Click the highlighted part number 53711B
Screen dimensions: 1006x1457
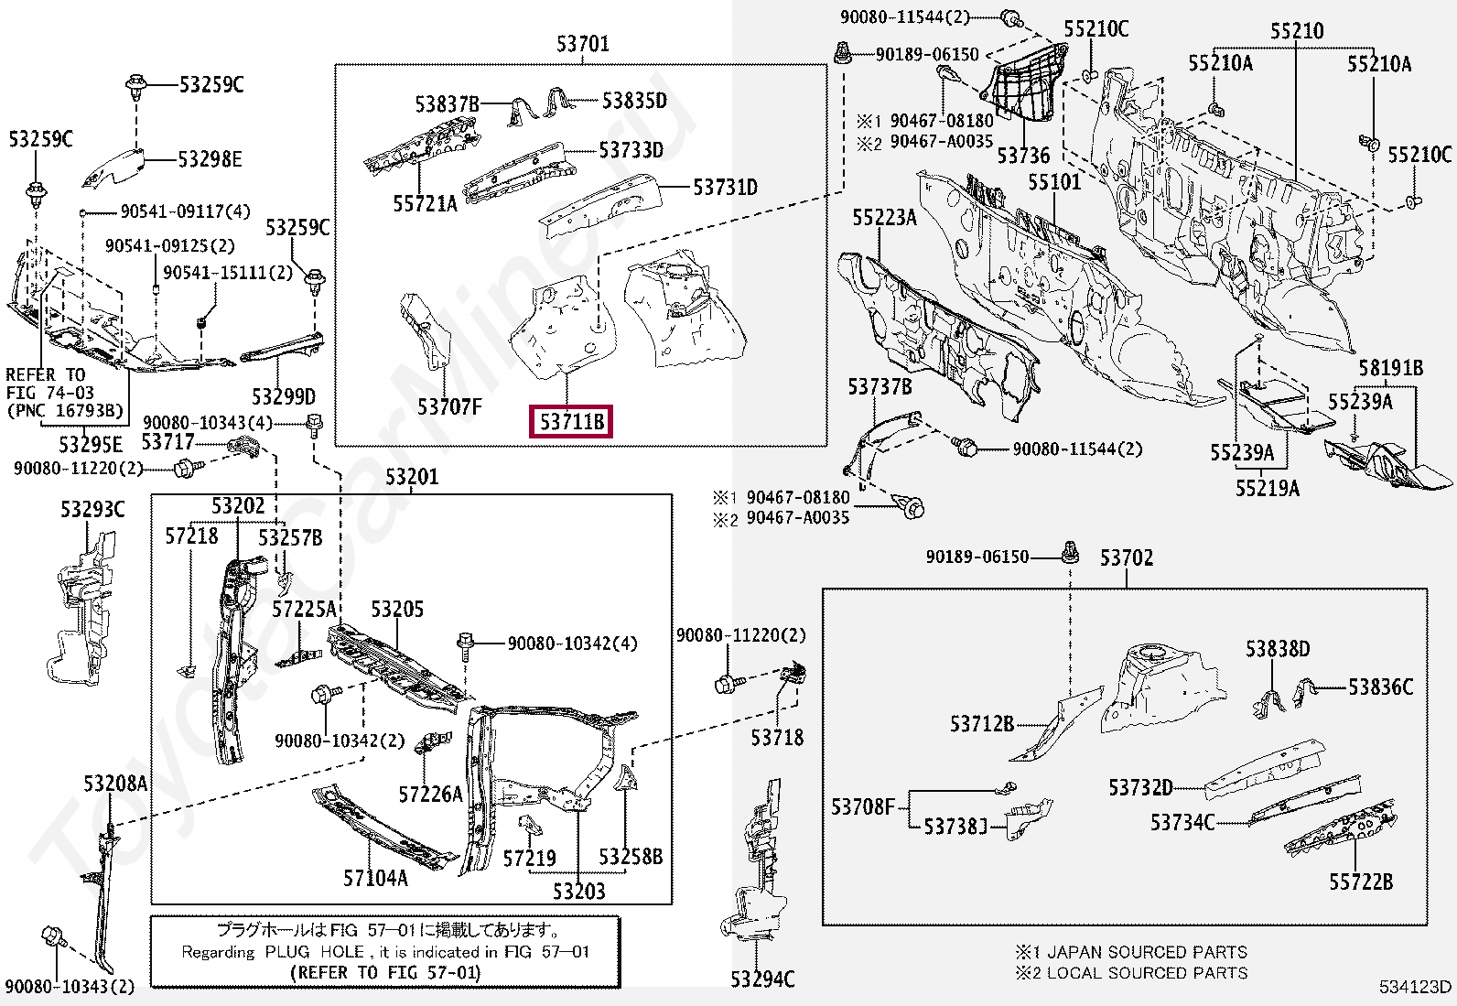pos(572,422)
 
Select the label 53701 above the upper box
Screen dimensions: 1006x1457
pos(582,44)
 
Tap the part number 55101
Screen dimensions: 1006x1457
pos(1053,182)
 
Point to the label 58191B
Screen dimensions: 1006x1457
pos(1390,368)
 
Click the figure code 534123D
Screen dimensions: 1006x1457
pos(1416,987)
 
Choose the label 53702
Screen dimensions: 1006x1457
pos(1126,557)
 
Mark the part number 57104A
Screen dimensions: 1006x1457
pos(375,878)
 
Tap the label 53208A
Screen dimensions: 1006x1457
pos(115,784)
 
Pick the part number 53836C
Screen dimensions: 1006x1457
pos(1380,687)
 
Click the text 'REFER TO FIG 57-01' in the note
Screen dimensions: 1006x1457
pos(384,972)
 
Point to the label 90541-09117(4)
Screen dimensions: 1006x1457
pos(185,211)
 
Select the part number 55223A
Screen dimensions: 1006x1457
pos(884,217)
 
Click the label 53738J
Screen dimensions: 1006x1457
pos(955,827)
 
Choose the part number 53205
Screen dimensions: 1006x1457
pos(397,610)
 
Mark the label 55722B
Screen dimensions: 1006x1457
pos(1361,882)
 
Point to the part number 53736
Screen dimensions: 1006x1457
pos(1023,155)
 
